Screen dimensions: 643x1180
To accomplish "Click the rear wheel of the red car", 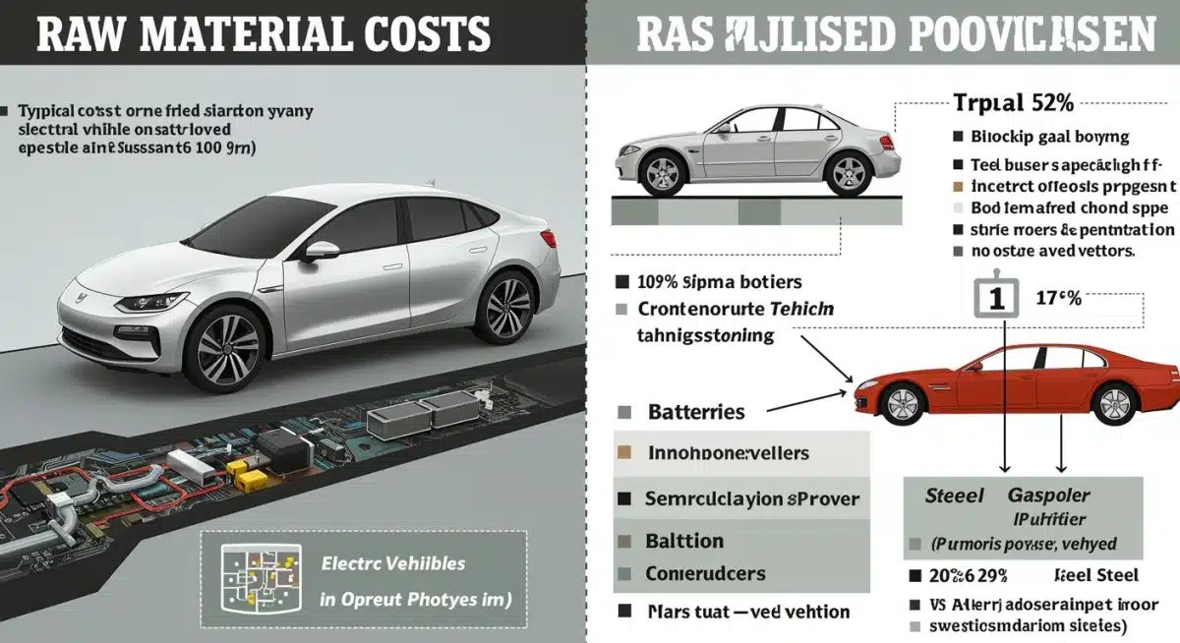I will click(x=1114, y=403).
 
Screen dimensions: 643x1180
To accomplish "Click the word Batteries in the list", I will click(x=696, y=413).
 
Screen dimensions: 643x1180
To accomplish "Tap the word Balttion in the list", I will click(x=684, y=541).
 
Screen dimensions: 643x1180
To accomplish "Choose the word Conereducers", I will click(x=705, y=573).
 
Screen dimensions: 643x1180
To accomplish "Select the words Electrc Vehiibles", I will click(x=393, y=565).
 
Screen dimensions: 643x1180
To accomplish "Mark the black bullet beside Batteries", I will click(x=622, y=413).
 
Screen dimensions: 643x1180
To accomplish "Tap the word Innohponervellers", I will click(x=729, y=454).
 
